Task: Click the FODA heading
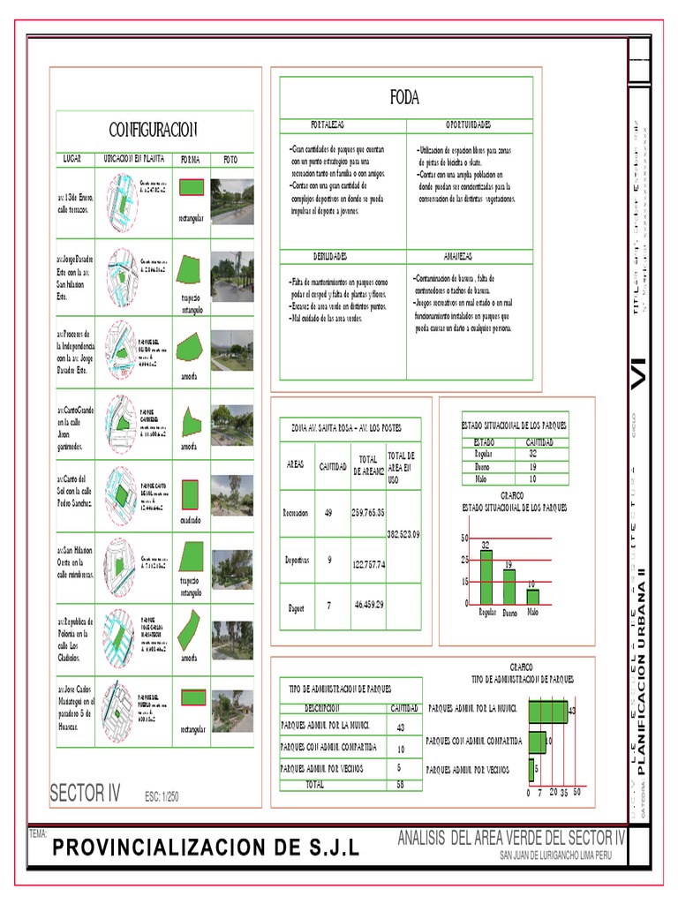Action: coord(405,98)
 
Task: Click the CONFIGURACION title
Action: coord(153,130)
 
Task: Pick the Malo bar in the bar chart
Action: coord(532,596)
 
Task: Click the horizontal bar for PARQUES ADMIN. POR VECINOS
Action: coord(532,770)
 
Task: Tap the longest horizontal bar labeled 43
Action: coord(547,710)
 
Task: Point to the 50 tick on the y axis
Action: coord(464,538)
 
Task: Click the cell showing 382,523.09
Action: coord(403,534)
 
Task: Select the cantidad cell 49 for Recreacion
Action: coord(328,512)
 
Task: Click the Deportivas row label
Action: coord(297,560)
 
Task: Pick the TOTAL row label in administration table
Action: coord(315,784)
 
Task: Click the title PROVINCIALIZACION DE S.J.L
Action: coord(206,848)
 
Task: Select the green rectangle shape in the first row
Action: coord(192,187)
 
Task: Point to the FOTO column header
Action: coord(230,160)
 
